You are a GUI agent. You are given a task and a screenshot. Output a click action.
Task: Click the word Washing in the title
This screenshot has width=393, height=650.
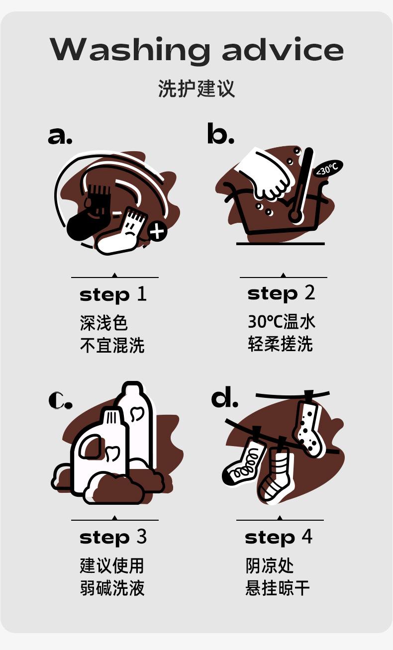pyautogui.click(x=129, y=49)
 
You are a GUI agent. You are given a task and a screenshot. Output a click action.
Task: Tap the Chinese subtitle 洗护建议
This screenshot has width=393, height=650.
pyautogui.click(x=196, y=89)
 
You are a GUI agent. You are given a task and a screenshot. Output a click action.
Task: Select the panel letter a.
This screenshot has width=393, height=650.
pyautogui.click(x=60, y=136)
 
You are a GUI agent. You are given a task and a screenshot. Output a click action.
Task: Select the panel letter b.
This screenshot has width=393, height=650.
pyautogui.click(x=220, y=133)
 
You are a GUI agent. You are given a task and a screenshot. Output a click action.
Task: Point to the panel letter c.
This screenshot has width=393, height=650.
pyautogui.click(x=60, y=400)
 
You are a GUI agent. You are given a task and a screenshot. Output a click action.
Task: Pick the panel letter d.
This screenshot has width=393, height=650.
pyautogui.click(x=224, y=397)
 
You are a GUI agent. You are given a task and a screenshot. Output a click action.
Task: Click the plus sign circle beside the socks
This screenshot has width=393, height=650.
pyautogui.click(x=157, y=231)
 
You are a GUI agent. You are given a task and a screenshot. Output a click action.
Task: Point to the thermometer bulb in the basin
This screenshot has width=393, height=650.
pyautogui.click(x=295, y=216)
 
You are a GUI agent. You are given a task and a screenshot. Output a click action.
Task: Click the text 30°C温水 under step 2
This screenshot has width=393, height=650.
pyautogui.click(x=282, y=322)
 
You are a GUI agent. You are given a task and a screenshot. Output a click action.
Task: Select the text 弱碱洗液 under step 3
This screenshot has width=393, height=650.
pyautogui.click(x=112, y=588)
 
